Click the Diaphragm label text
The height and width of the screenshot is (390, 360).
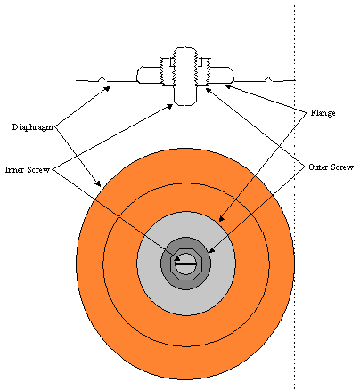[x=33, y=127]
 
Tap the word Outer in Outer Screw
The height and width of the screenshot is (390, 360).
[x=318, y=167]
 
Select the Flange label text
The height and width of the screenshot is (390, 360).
[x=323, y=113]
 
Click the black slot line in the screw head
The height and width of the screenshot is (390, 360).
[x=185, y=264]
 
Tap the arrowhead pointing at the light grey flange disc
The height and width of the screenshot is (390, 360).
[x=221, y=219]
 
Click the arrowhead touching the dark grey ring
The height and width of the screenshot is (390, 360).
[x=212, y=250]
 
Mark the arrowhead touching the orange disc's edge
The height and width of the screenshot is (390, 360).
[x=98, y=183]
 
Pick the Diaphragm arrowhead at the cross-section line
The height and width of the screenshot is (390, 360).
[x=108, y=88]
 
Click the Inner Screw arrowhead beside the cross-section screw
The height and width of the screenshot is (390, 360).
[x=170, y=106]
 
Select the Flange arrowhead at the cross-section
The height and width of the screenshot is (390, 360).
[x=227, y=86]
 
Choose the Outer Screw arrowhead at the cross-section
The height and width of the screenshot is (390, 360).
[x=209, y=90]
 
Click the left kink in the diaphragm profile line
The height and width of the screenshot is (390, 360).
[x=102, y=79]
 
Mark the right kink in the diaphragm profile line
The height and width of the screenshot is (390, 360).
[x=268, y=79]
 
